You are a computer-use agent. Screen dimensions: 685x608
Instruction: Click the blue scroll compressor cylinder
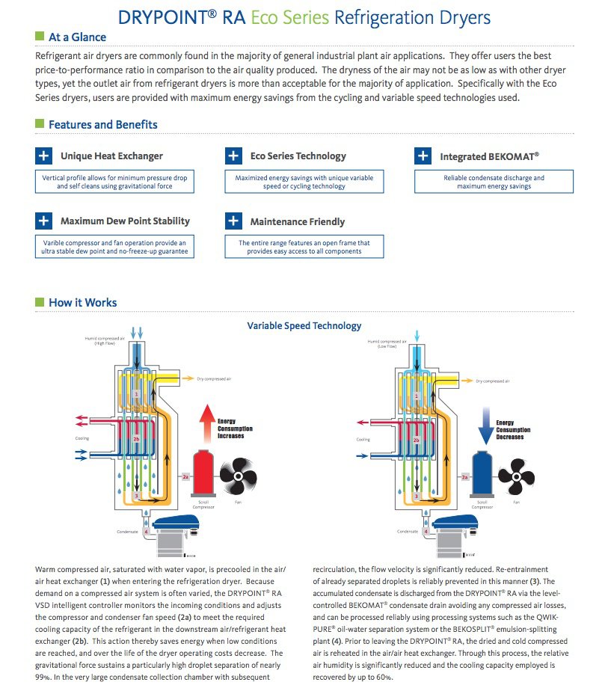[x=482, y=472]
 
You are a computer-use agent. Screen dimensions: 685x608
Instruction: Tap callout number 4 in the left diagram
[x=135, y=532]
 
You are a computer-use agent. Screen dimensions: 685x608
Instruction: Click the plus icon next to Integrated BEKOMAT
[x=423, y=156]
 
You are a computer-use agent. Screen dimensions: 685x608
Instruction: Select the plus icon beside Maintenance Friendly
[x=234, y=221]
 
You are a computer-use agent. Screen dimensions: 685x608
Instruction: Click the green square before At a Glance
[x=40, y=36]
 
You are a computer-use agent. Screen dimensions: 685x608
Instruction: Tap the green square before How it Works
[x=40, y=301]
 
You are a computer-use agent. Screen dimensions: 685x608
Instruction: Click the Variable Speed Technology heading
[x=304, y=326]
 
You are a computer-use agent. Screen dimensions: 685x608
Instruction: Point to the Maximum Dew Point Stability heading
[x=125, y=221]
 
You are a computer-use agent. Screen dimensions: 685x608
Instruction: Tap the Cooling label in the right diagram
[x=363, y=439]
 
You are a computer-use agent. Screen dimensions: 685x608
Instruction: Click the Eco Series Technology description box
[x=304, y=182]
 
